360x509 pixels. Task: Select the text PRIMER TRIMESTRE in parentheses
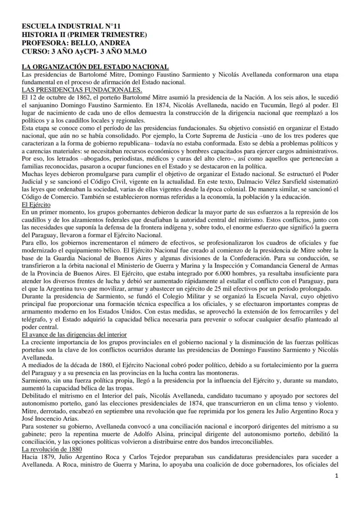point(109,35)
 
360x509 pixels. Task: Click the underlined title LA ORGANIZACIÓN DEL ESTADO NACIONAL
point(95,67)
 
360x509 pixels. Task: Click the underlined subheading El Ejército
point(36,204)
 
